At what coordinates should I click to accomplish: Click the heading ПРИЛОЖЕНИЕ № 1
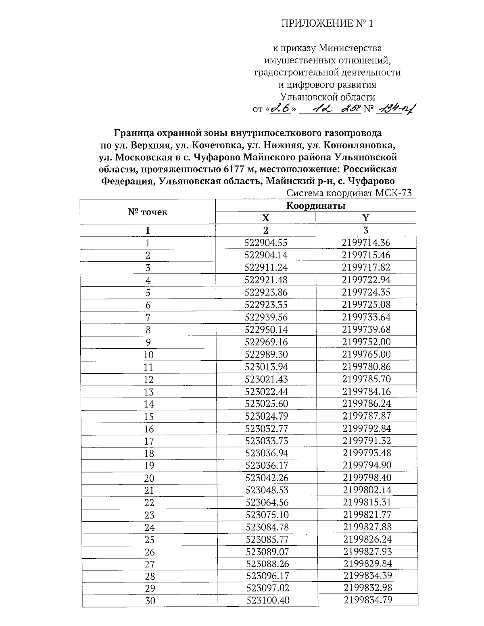327,24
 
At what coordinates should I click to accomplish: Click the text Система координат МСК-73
349,193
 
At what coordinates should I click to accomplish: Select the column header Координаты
315,206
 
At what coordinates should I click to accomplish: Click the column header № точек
148,212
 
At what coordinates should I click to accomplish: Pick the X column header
265,218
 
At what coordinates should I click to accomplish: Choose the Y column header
365,218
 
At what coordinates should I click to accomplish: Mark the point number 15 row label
148,416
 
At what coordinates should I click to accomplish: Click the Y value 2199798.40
367,478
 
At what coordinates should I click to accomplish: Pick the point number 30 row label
150,601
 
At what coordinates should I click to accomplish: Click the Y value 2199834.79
368,600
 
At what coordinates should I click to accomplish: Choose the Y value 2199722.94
366,280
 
